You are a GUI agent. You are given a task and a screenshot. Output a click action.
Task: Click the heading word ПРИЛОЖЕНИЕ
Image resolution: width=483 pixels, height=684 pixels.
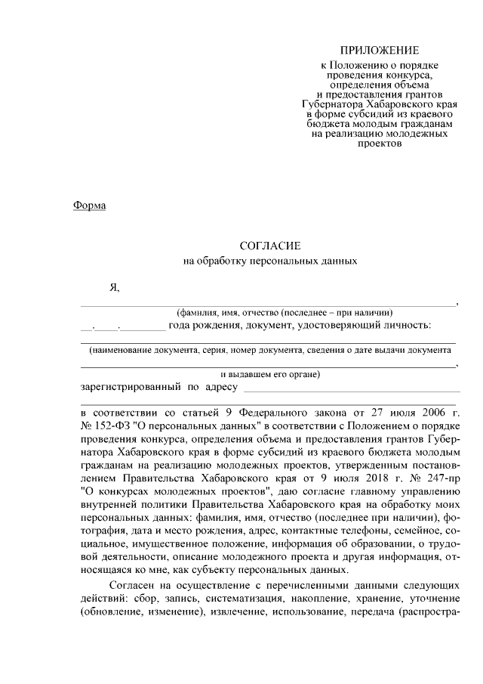(379, 51)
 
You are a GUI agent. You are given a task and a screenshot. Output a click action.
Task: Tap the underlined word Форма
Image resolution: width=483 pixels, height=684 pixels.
(90, 206)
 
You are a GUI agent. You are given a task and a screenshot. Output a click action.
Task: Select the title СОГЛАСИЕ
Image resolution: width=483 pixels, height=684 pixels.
(270, 246)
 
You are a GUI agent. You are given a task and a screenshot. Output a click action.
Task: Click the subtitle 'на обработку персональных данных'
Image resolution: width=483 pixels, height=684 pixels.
(270, 262)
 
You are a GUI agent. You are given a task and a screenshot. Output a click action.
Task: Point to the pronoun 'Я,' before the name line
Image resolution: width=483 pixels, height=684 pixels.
(115, 288)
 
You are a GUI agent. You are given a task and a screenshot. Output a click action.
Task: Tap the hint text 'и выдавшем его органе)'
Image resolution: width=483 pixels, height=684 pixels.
(270, 374)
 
